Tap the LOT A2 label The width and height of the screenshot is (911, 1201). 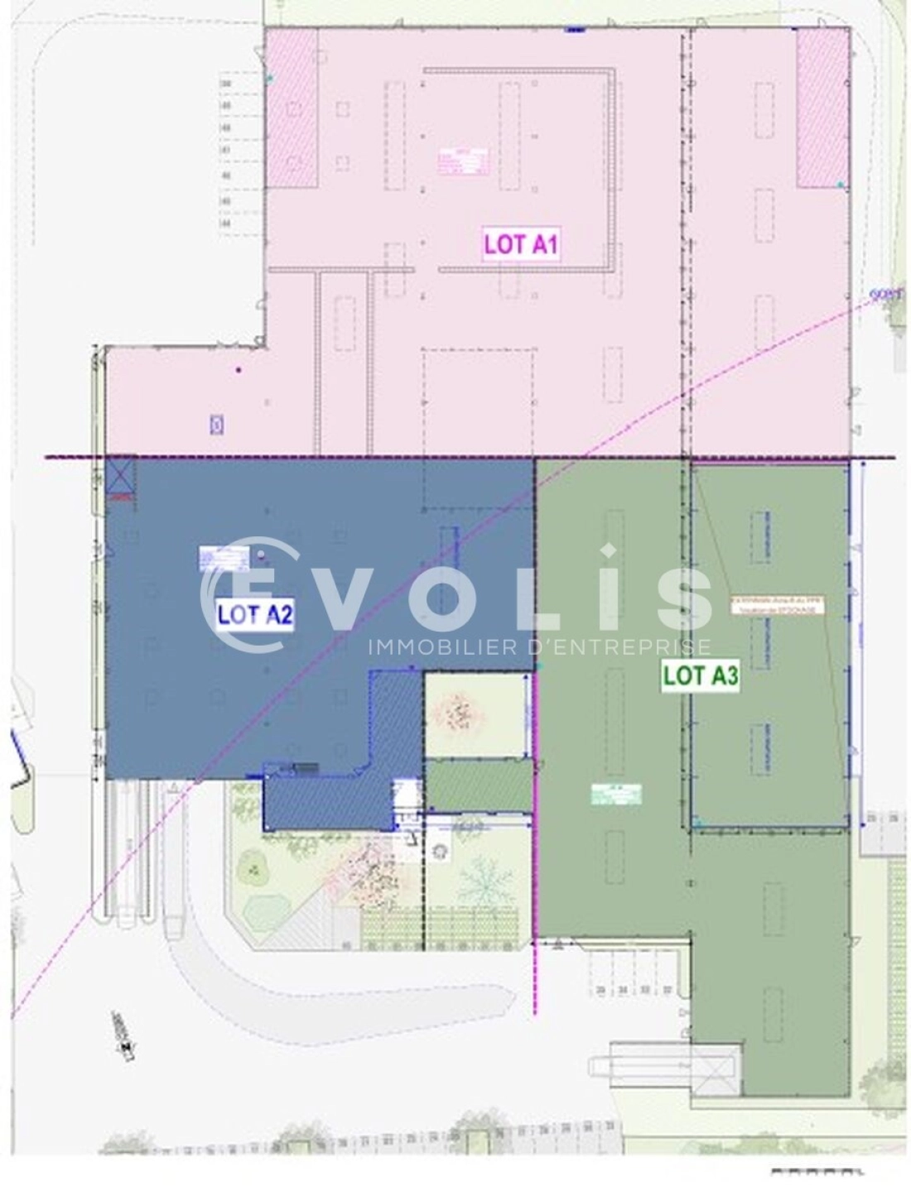[x=255, y=614]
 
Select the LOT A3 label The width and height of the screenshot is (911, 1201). [x=700, y=676]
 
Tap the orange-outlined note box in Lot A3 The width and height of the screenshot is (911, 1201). [x=777, y=606]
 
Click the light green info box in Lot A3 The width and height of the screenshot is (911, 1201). [x=616, y=793]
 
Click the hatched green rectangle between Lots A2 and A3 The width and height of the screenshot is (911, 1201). [x=478, y=785]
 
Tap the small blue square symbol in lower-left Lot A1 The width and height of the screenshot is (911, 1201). [x=217, y=425]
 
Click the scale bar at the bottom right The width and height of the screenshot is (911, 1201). [x=817, y=1171]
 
